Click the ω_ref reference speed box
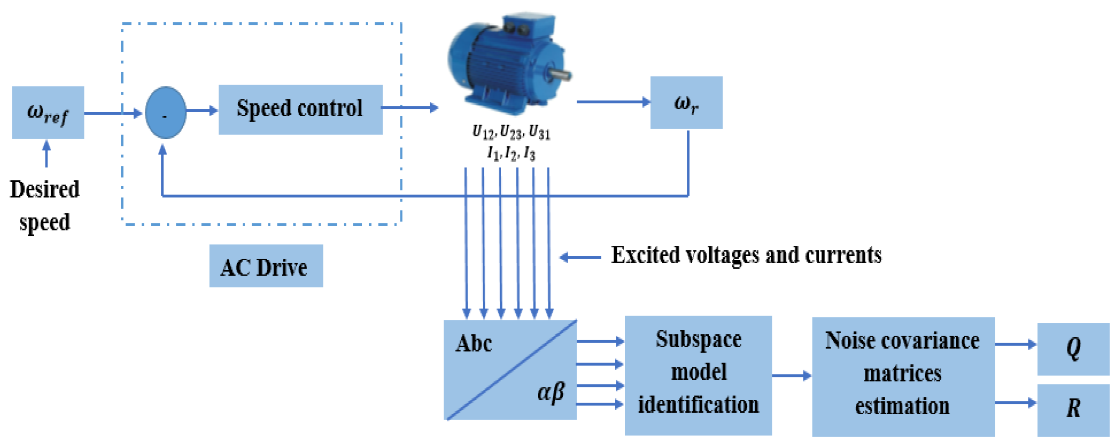(48, 113)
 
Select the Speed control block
(300, 109)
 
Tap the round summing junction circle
(166, 113)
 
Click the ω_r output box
(686, 103)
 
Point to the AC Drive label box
(266, 266)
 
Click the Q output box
(1073, 349)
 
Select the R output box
(1073, 409)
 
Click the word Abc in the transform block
(474, 344)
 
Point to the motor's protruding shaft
(561, 75)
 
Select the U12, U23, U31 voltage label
(511, 133)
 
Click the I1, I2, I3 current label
(511, 153)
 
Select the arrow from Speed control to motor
(410, 107)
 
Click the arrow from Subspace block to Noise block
(791, 376)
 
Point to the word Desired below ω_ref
(45, 190)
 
